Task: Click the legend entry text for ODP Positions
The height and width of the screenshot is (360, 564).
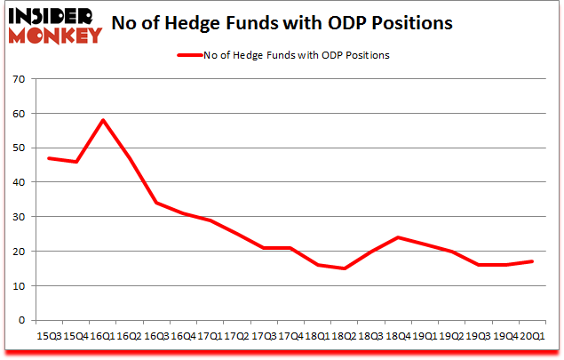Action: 298,55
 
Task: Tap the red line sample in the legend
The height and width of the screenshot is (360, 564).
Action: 192,55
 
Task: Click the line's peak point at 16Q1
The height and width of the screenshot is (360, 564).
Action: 103,120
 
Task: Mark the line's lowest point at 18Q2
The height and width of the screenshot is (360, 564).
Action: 346,268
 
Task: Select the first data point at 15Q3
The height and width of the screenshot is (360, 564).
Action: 49,158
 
